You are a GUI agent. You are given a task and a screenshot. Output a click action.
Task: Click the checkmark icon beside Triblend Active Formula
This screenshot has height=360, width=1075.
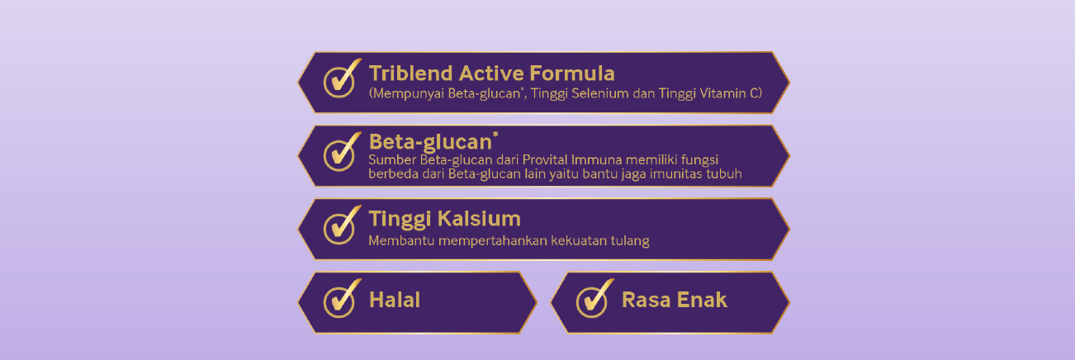(341, 79)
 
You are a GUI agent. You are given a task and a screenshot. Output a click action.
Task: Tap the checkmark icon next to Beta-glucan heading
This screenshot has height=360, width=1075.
(341, 152)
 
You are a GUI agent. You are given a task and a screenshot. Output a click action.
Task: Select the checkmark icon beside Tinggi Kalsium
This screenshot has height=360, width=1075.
(341, 225)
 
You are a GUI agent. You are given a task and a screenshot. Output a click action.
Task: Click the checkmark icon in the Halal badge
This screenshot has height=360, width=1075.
(341, 299)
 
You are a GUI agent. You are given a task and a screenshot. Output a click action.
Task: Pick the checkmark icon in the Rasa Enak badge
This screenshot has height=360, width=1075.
(594, 299)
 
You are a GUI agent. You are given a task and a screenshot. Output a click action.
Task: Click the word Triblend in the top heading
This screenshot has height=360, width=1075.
(411, 73)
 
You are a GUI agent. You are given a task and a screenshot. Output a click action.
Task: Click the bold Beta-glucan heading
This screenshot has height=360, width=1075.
(430, 142)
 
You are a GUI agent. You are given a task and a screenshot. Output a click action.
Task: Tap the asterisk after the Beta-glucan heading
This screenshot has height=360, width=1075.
(495, 135)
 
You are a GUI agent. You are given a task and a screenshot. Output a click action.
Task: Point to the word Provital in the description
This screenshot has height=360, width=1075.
(545, 160)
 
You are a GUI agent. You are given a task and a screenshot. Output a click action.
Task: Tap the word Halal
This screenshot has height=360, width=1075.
(395, 300)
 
